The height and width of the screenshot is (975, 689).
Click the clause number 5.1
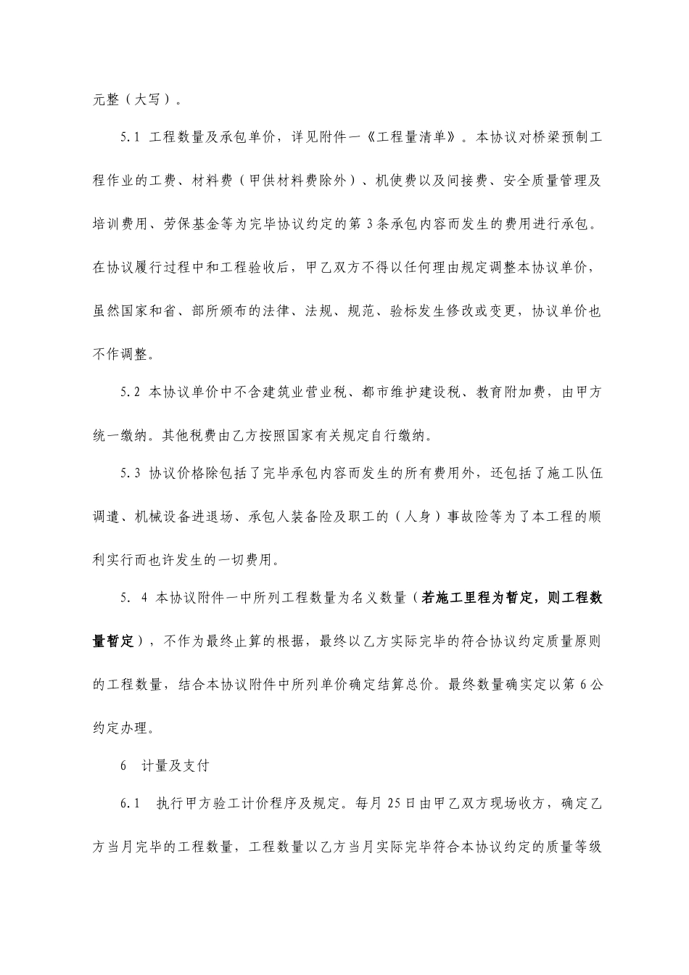[x=130, y=138]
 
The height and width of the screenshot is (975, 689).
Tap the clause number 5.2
[x=130, y=393]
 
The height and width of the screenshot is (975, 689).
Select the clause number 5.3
[x=130, y=474]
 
